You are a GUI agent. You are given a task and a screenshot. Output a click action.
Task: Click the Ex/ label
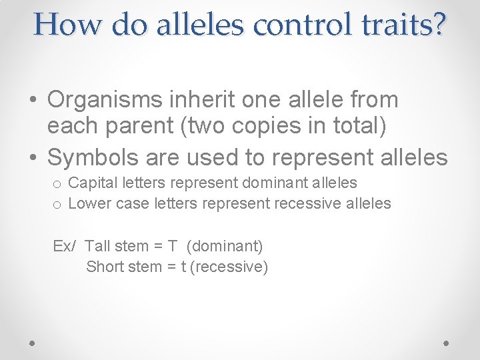pos(65,246)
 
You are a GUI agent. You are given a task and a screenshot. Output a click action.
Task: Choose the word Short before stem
pos(105,267)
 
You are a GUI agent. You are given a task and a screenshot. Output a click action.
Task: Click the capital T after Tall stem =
pos(173,246)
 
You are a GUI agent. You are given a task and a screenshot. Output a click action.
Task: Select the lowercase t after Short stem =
pos(183,267)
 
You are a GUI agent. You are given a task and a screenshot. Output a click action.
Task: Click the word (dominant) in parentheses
pos(225,246)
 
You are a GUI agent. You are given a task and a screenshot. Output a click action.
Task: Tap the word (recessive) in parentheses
pos(229,267)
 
